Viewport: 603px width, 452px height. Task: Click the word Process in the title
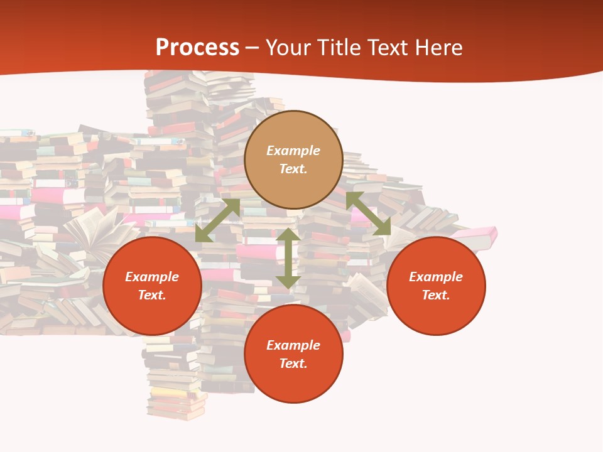point(197,47)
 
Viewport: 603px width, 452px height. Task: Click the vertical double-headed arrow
point(288,258)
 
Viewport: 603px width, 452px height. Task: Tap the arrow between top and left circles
point(218,220)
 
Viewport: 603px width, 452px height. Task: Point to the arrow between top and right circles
point(368,213)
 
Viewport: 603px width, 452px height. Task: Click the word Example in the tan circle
point(293,151)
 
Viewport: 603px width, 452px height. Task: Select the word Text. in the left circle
point(152,295)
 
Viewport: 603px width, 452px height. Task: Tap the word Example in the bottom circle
point(293,345)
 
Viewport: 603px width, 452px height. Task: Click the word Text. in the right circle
point(436,295)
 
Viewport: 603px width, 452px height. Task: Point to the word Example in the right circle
point(436,277)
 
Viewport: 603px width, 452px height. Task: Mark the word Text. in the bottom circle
point(293,363)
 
